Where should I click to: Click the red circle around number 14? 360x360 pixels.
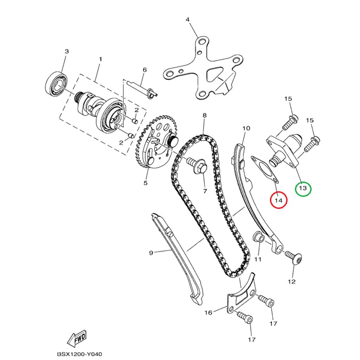tap(278, 200)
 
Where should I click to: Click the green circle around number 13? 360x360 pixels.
tap(303, 188)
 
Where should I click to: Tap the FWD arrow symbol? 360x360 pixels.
tap(77, 338)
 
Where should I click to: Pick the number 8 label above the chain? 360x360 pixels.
tap(204, 115)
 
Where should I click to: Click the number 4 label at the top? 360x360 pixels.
tap(187, 19)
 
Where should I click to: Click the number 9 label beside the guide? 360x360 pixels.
tap(151, 252)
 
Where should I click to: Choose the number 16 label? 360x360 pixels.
tap(208, 312)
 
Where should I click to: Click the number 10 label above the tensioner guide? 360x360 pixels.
tap(246, 128)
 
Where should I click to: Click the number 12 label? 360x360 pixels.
tap(291, 281)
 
